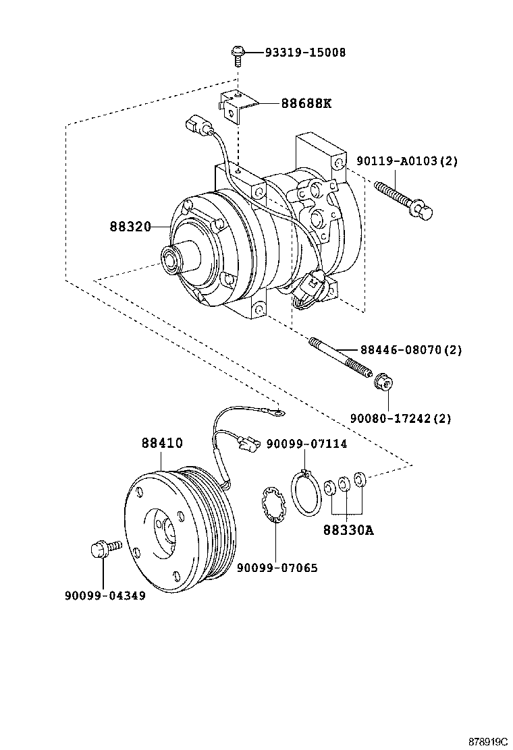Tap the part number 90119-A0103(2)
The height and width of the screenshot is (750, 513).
click(x=408, y=161)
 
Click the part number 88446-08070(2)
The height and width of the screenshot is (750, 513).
click(x=410, y=350)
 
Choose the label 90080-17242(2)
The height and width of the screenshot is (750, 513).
click(x=400, y=418)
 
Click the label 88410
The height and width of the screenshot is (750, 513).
click(x=162, y=443)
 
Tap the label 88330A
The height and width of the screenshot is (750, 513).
click(x=348, y=529)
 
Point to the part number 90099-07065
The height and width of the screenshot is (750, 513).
click(x=277, y=568)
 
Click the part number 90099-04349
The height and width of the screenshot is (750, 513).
click(x=105, y=596)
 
